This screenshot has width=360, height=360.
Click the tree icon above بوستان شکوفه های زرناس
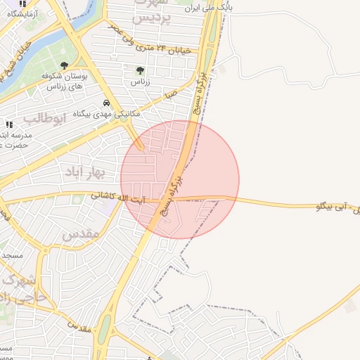tap(65, 66)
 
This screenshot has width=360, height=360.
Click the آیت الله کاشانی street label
tap(120, 199)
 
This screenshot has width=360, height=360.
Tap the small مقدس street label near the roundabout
tap(79, 328)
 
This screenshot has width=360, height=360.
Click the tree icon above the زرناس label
tap(140, 70)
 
